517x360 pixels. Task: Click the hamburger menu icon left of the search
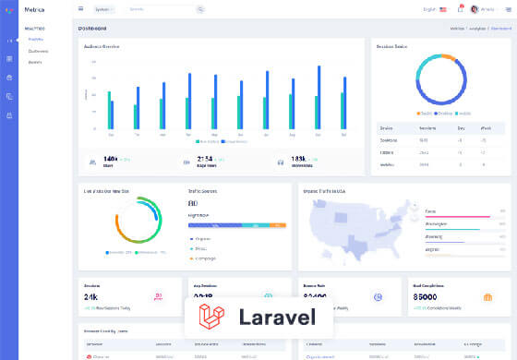pos(80,9)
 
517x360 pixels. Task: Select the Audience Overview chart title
pos(102,45)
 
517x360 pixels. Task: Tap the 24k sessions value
pos(91,298)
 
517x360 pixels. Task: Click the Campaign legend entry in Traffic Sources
pos(205,258)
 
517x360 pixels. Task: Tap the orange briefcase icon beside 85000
pos(487,297)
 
